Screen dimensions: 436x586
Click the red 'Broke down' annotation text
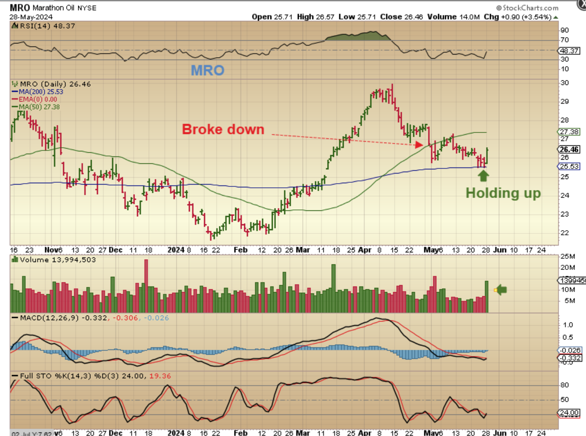[223, 129]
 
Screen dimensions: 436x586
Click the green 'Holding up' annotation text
[503, 193]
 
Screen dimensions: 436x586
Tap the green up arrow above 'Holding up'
[483, 175]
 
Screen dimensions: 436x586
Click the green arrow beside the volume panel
[501, 290]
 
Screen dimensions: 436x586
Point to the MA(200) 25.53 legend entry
[39, 92]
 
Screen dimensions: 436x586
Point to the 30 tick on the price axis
[563, 83]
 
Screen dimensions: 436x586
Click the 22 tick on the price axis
[563, 233]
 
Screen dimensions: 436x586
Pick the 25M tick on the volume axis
[566, 256]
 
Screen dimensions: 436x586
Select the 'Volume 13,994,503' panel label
[49, 260]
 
